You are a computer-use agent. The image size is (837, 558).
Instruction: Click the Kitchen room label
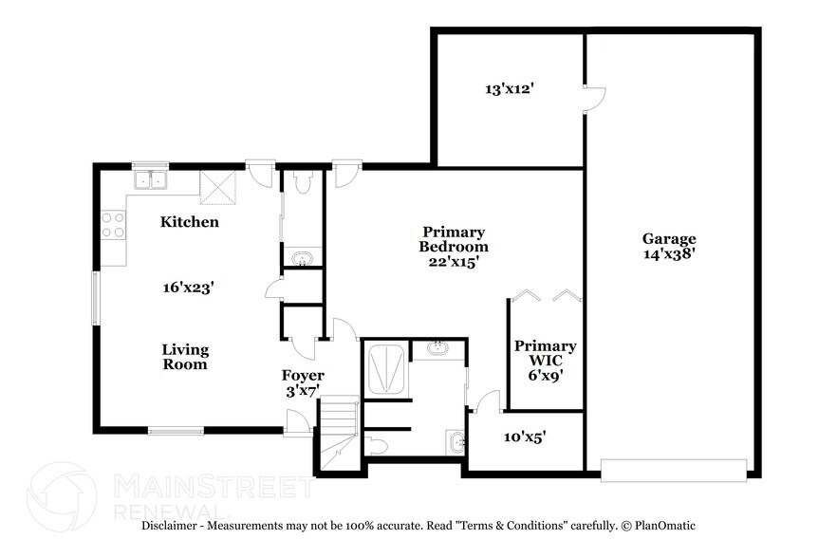(189, 222)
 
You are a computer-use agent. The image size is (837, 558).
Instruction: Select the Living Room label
(184, 357)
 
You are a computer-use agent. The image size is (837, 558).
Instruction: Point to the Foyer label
(303, 375)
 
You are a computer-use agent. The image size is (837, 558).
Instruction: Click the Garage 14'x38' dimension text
(669, 254)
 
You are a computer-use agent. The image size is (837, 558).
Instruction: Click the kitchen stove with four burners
(113, 225)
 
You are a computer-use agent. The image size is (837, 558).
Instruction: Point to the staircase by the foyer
(337, 433)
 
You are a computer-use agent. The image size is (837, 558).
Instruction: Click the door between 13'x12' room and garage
(592, 98)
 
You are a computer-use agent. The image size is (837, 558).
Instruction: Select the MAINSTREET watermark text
(213, 488)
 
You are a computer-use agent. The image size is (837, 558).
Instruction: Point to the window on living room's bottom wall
(176, 431)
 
